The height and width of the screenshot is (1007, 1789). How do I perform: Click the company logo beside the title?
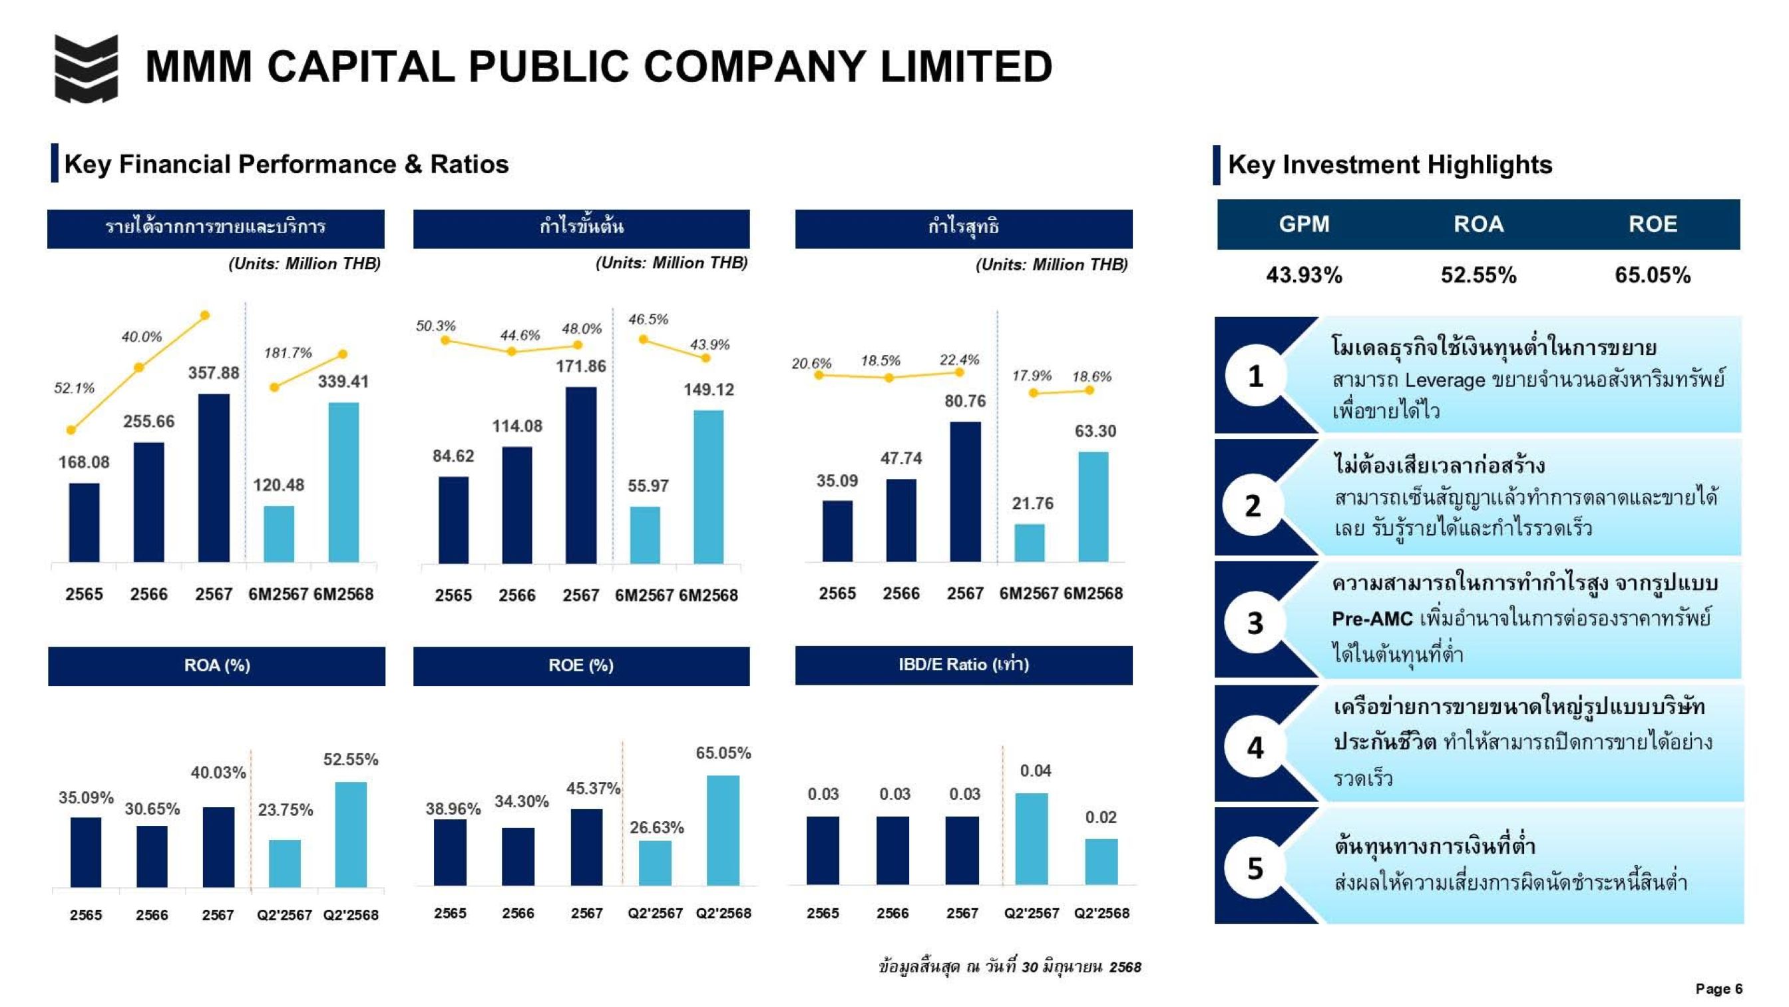(x=86, y=67)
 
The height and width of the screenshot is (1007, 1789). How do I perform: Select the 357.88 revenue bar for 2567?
(x=213, y=478)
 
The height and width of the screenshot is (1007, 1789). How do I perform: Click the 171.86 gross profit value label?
(x=580, y=366)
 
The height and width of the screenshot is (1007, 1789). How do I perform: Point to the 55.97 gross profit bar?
(x=645, y=534)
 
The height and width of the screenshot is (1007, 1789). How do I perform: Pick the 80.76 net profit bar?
(x=965, y=492)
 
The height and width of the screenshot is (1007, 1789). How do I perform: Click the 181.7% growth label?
(x=288, y=353)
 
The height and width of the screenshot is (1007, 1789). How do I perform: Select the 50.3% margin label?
(x=435, y=326)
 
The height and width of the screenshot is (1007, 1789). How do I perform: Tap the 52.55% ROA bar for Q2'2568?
(x=351, y=834)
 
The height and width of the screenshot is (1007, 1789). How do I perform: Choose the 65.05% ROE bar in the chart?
(x=723, y=830)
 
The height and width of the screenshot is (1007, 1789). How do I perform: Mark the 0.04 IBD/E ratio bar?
(x=1032, y=839)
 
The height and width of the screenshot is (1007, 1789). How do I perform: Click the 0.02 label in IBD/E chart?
(x=1101, y=817)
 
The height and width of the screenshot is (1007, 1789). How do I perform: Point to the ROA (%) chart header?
(x=217, y=666)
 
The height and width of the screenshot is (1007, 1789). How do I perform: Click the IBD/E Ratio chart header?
(x=963, y=665)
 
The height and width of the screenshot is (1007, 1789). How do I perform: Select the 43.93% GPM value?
(x=1304, y=275)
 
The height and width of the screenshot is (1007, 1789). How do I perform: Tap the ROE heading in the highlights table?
(x=1652, y=224)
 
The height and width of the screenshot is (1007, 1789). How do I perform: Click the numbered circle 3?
(x=1255, y=623)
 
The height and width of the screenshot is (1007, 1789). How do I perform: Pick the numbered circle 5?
(x=1255, y=868)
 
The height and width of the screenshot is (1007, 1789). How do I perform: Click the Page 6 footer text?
(x=1718, y=988)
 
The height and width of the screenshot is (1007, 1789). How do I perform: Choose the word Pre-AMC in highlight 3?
(x=1372, y=619)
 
